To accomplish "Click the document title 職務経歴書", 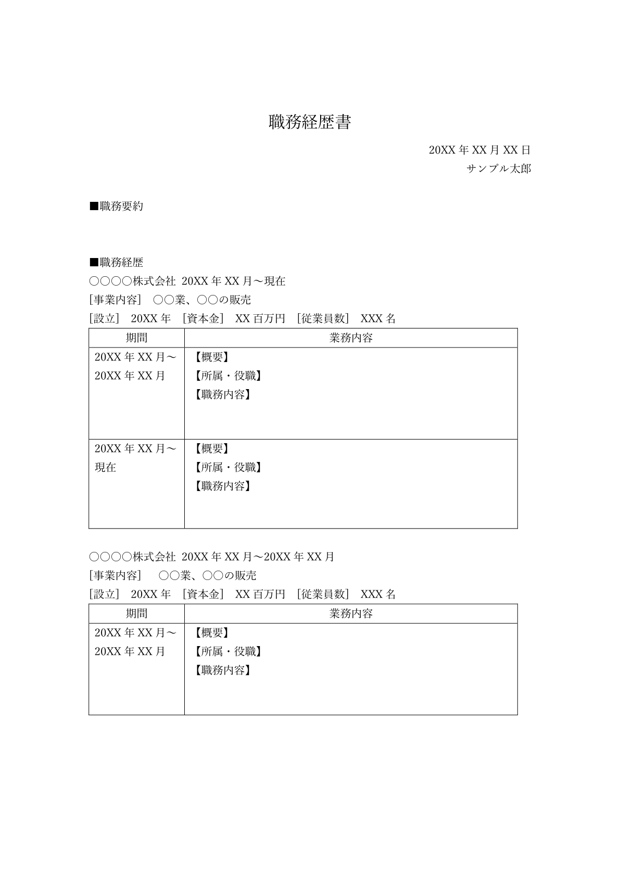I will point(310,122).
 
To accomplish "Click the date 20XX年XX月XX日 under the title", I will point(479,150).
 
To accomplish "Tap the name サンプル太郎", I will point(499,169).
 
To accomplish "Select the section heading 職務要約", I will point(121,207).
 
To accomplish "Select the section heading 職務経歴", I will point(121,263).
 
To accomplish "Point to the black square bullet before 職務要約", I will point(94,207).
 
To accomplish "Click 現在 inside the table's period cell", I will point(105,467).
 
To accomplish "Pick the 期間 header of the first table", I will point(136,338).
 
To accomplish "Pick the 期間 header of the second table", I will point(136,614).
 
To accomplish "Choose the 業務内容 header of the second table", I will point(351,614).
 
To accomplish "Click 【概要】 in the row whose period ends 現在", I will point(211,448).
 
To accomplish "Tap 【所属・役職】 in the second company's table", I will point(227,651).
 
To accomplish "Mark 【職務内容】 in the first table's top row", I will point(222,394).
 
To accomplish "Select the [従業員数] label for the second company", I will point(323,595).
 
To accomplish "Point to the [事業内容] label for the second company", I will point(115,576).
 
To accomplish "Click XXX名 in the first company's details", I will point(378,319).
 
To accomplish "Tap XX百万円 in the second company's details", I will point(260,595).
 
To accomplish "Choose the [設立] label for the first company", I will point(105,319).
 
